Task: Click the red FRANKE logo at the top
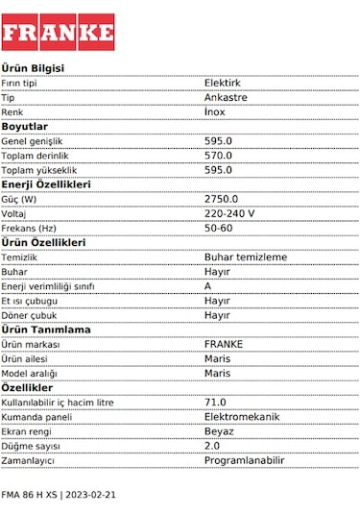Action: (x=58, y=32)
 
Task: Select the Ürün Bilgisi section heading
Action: (x=33, y=68)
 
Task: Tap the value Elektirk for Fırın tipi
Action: (x=223, y=84)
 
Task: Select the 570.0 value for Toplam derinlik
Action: (x=218, y=156)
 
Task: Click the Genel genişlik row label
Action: (x=38, y=141)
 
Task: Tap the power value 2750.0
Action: (x=221, y=199)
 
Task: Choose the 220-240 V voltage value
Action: (x=229, y=213)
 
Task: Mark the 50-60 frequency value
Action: (x=219, y=228)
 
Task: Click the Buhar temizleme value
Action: (x=246, y=257)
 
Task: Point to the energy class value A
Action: (x=208, y=286)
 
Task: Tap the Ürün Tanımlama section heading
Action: (x=46, y=330)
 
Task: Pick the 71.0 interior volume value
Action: (x=215, y=403)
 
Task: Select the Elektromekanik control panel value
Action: (x=242, y=417)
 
